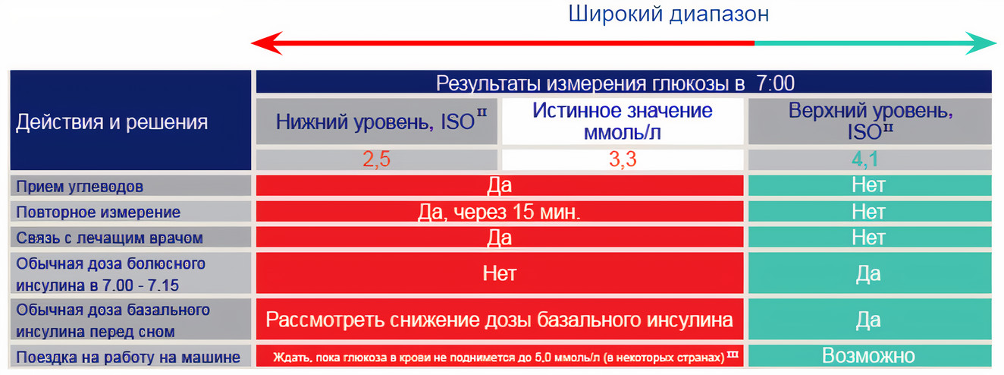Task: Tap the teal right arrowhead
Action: [x=981, y=43]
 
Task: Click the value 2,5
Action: [x=376, y=159]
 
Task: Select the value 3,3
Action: [x=623, y=159]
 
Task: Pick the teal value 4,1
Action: [x=865, y=159]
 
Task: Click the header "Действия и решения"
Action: [x=112, y=122]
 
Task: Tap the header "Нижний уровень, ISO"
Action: [x=381, y=121]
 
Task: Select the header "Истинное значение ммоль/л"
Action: [x=623, y=121]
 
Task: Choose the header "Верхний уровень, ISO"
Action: [x=871, y=121]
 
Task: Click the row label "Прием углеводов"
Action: [x=80, y=187]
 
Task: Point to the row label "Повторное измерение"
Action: [x=98, y=213]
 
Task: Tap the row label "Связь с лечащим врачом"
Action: [x=109, y=238]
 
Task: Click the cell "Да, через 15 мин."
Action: [x=499, y=212]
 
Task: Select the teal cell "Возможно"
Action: [x=868, y=356]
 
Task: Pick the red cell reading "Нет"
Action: [x=499, y=273]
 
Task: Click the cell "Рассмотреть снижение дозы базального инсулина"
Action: [x=499, y=320]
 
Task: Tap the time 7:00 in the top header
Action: [x=776, y=83]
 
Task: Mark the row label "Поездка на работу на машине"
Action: [x=128, y=358]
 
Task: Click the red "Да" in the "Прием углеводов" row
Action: [x=499, y=185]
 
